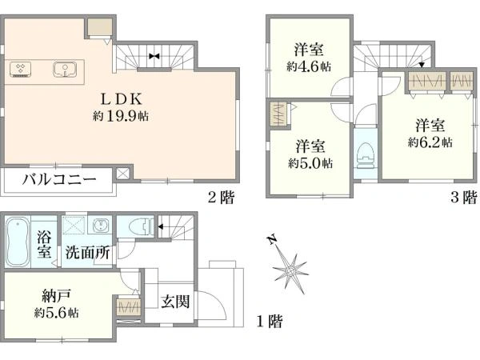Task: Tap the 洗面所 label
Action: pos(88,251)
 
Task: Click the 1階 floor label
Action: pos(270,322)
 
